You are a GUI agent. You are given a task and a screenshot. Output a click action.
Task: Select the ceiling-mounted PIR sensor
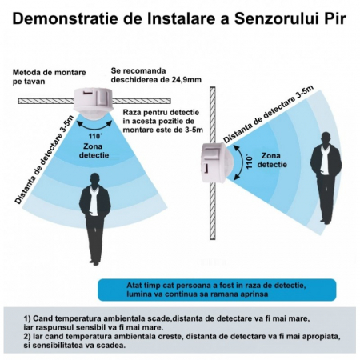click(94, 102)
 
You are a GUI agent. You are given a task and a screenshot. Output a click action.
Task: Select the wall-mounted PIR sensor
click(217, 162)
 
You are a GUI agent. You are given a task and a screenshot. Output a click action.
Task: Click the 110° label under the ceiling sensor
click(95, 136)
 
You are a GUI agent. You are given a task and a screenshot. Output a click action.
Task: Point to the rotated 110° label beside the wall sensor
click(249, 162)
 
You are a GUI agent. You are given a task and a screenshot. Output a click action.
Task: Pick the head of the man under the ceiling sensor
click(94, 179)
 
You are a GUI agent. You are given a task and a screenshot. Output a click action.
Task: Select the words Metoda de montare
click(50, 73)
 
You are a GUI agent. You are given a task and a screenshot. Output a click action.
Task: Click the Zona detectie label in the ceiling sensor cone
click(94, 150)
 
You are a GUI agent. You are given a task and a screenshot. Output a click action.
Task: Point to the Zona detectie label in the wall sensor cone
click(272, 160)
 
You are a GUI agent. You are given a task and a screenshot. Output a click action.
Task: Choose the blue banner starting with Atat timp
click(217, 290)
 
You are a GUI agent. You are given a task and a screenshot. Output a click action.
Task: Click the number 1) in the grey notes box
click(27, 318)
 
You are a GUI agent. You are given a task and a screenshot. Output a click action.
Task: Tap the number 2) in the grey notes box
click(27, 337)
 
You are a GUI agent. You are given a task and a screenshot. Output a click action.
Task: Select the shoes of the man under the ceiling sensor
click(94, 262)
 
